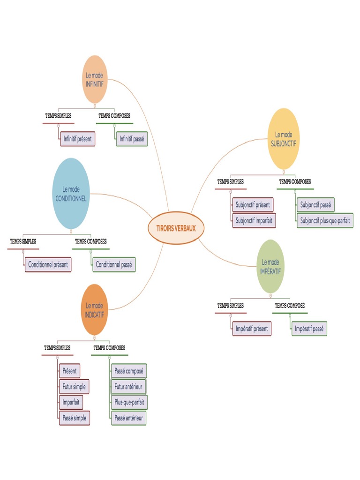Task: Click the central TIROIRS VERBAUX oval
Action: pyautogui.click(x=176, y=228)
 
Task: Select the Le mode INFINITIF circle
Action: pyautogui.click(x=95, y=79)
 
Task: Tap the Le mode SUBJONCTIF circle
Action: pyautogui.click(x=284, y=139)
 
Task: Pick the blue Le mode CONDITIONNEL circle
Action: pyautogui.click(x=71, y=193)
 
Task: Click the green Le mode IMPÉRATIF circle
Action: pyautogui.click(x=270, y=266)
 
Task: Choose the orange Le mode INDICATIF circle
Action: pyautogui.click(x=94, y=309)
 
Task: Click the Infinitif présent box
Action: pyautogui.click(x=78, y=139)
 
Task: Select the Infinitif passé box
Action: pyautogui.click(x=132, y=139)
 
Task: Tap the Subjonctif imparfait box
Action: pyautogui.click(x=254, y=220)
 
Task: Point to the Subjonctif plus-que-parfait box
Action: pyautogui.click(x=325, y=220)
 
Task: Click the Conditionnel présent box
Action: pyautogui.click(x=48, y=264)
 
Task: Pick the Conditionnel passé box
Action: pyautogui.click(x=114, y=264)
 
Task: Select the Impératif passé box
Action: pyautogui.click(x=309, y=329)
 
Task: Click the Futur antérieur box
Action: pyautogui.click(x=128, y=386)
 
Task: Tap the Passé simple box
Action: pyautogui.click(x=75, y=418)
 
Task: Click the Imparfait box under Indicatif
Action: pyautogui.click(x=71, y=402)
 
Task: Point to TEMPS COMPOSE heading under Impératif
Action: pyautogui.click(x=290, y=306)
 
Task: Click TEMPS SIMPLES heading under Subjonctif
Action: pyautogui.click(x=230, y=182)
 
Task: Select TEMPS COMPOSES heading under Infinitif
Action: pyautogui.click(x=114, y=115)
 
